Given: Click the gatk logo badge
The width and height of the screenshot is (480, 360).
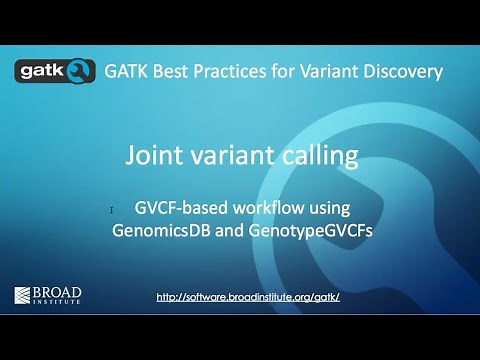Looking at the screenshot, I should (x=55, y=71).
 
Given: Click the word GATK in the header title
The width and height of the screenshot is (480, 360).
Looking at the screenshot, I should (x=128, y=71).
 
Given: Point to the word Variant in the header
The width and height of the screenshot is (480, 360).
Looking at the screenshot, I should (x=340, y=71).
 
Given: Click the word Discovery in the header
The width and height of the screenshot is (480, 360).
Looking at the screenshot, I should (x=408, y=71).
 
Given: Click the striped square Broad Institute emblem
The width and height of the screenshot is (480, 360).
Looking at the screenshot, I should (x=25, y=295).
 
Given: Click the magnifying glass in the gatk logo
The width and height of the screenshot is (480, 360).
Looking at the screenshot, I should (x=80, y=71).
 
